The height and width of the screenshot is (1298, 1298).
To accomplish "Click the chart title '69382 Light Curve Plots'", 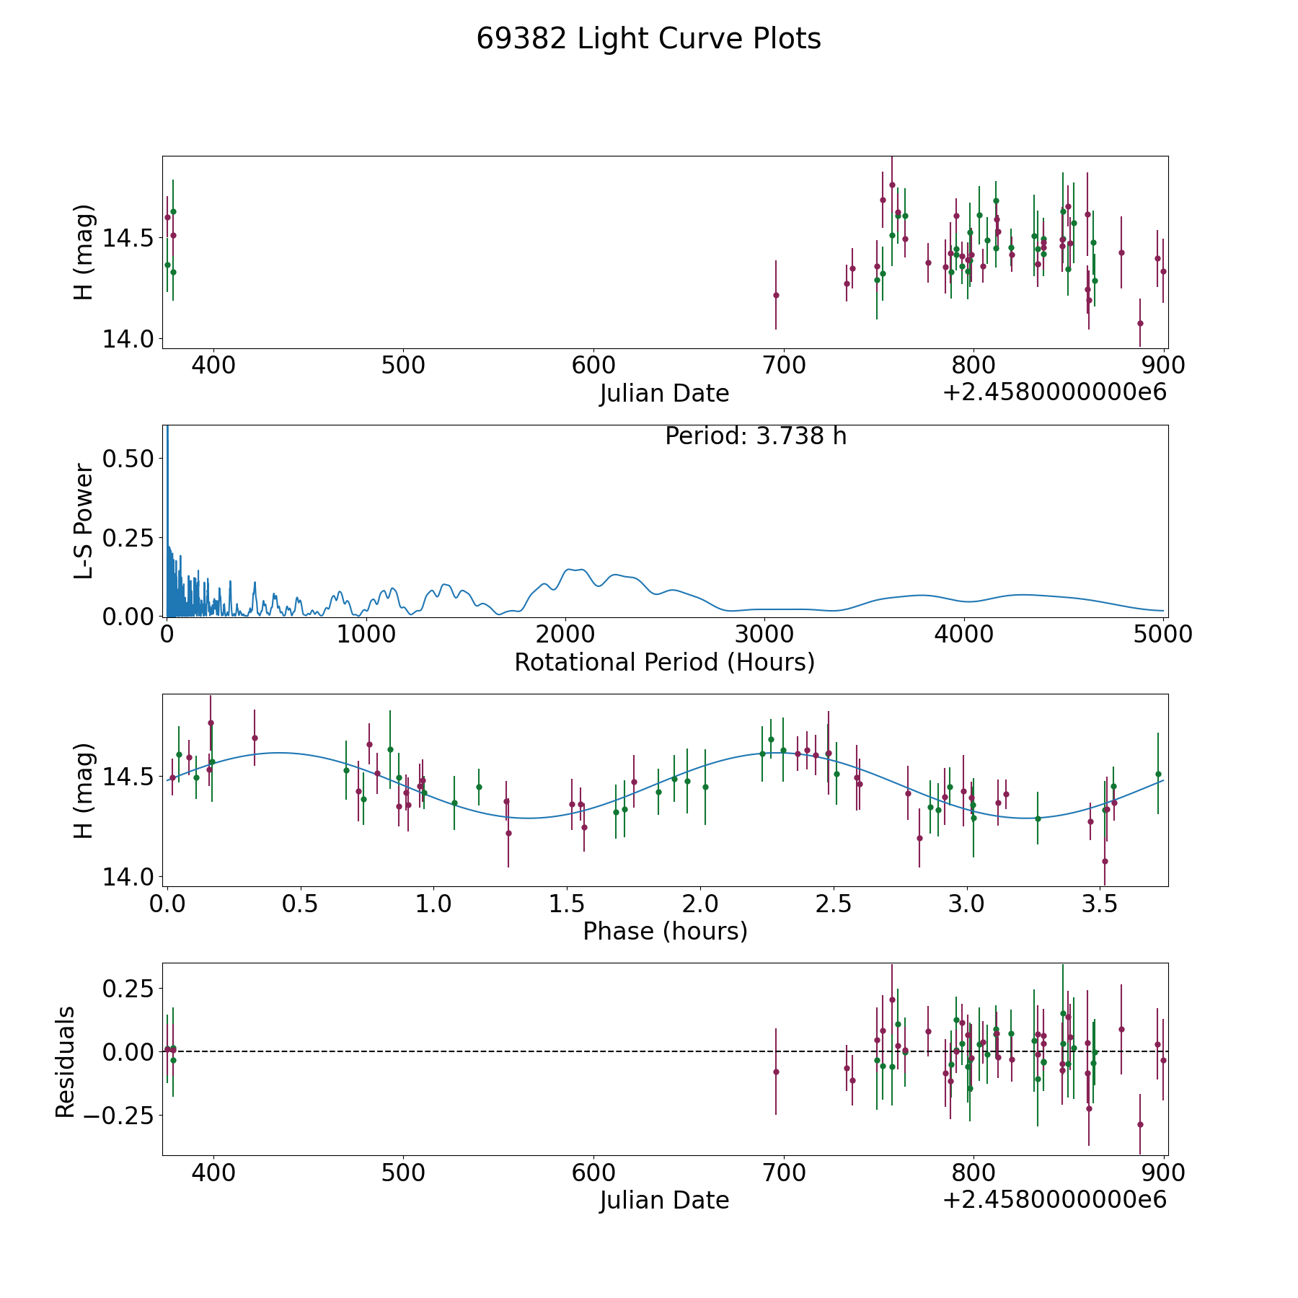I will point(648,39).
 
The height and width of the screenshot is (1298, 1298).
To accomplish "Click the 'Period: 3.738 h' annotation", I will point(755,436).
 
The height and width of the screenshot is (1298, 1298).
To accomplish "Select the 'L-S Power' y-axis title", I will point(84,521).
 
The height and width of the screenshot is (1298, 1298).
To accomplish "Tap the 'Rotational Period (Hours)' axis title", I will point(664,662).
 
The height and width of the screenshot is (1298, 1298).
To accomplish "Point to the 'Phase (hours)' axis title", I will point(665,931).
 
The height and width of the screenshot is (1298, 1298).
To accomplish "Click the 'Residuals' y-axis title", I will point(66,1061).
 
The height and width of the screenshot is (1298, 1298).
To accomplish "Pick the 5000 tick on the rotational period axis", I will point(1163,635).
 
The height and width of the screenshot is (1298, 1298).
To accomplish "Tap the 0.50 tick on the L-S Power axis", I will point(128,459).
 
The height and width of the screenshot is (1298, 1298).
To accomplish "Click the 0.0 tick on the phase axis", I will point(168,904).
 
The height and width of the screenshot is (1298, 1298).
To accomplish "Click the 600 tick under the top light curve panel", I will point(593,366).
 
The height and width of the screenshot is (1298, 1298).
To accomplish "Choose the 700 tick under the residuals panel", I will point(783,1173).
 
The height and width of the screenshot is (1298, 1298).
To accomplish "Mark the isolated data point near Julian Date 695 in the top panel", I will point(776,295).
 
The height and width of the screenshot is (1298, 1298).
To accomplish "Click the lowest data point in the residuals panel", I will point(1140,1124).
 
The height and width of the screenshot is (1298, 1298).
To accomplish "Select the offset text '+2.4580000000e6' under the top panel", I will point(1054,392).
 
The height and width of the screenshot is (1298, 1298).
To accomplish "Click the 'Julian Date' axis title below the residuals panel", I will point(664,1200).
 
